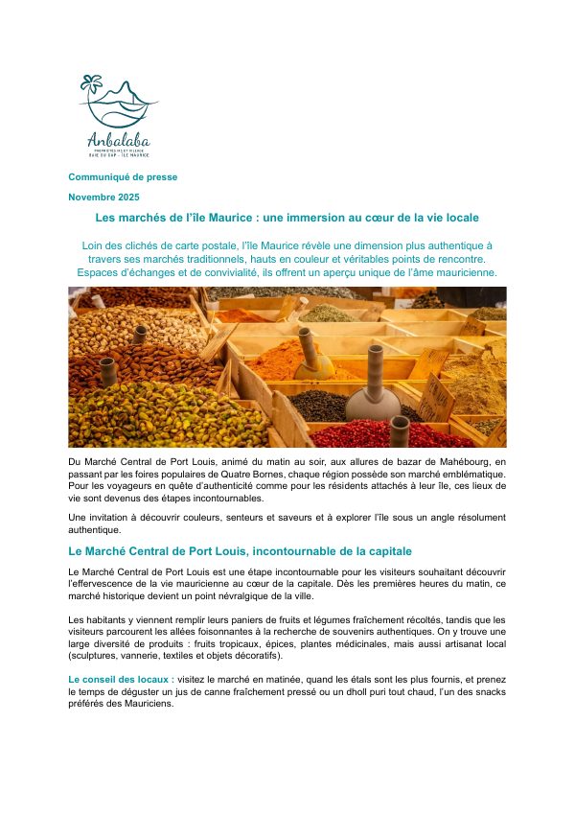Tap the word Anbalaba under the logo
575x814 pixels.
click(118, 137)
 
